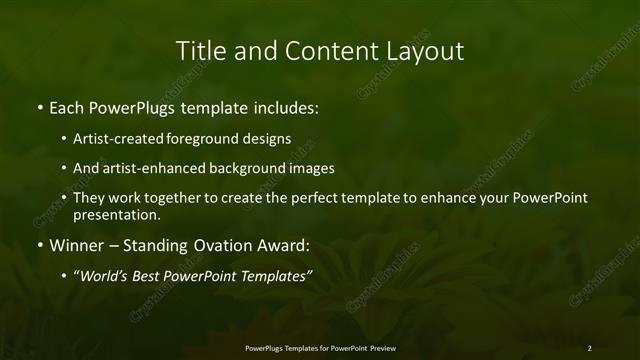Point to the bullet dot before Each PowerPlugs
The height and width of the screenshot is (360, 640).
[x=39, y=107]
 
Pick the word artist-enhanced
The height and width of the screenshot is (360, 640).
[x=149, y=168]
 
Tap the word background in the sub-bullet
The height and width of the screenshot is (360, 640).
[x=239, y=168]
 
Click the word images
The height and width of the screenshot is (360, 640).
[x=306, y=168]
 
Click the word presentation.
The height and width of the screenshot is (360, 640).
[x=116, y=214]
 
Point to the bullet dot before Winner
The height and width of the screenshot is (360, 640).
[x=39, y=244]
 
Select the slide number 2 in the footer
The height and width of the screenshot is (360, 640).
[x=589, y=348]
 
